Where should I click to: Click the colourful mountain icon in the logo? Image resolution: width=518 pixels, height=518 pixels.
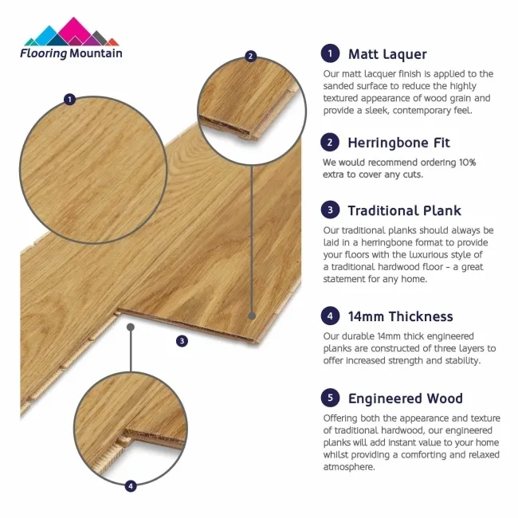(71, 33)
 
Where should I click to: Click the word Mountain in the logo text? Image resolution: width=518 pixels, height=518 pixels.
(96, 53)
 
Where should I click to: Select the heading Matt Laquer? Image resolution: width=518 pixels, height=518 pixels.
(387, 54)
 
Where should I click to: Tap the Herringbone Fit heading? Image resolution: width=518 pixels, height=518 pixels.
(398, 143)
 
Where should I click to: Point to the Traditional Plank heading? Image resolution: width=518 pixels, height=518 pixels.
(404, 210)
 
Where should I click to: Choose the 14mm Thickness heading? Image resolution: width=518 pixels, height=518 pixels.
(400, 316)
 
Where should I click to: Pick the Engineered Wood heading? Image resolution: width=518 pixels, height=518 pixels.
(405, 398)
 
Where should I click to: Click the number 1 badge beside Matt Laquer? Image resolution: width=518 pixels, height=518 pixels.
(328, 54)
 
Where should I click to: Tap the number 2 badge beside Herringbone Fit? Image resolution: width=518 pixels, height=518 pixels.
(328, 143)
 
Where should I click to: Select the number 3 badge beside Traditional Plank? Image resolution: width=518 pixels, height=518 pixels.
(328, 210)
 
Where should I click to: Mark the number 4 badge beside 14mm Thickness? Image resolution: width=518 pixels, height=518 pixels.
(328, 316)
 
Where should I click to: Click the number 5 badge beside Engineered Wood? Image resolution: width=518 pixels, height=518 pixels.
(328, 398)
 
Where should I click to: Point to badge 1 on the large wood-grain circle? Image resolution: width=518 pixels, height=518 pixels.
(70, 100)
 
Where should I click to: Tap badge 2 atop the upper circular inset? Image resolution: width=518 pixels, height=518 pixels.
(251, 56)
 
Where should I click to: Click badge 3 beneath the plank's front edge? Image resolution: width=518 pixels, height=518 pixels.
(182, 341)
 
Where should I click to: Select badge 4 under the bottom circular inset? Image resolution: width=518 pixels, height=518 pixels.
(131, 485)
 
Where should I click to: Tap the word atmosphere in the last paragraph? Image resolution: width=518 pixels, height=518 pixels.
(349, 467)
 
